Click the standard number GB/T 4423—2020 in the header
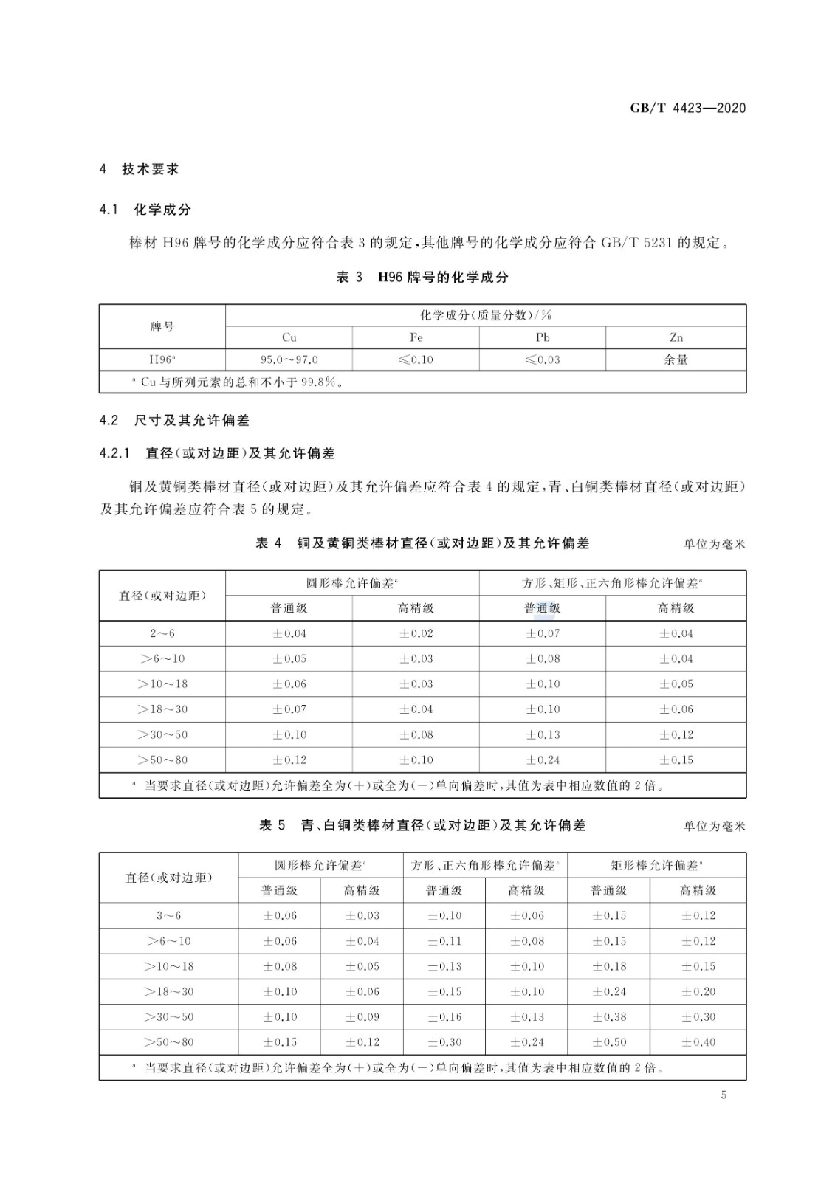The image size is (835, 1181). click(687, 109)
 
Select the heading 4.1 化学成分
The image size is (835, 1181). click(145, 210)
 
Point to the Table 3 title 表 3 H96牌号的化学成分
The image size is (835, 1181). click(422, 278)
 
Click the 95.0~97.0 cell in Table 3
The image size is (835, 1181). click(289, 360)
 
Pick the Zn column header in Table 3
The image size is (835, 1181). click(676, 337)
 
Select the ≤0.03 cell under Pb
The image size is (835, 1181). click(543, 360)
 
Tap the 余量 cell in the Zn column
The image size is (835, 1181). click(676, 360)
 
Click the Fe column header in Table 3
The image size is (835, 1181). click(416, 337)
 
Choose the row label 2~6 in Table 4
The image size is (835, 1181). click(162, 634)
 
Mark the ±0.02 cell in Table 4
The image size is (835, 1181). click(416, 634)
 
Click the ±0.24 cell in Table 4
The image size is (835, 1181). click(543, 760)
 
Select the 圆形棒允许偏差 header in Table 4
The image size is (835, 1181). click(352, 583)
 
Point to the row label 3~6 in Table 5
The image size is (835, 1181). click(168, 916)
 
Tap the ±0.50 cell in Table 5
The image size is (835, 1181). click(609, 1043)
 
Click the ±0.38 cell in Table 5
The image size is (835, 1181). click(609, 1017)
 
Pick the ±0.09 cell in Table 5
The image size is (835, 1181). click(362, 1017)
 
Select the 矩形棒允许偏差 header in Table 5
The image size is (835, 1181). click(657, 865)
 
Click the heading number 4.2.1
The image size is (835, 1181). click(115, 453)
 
